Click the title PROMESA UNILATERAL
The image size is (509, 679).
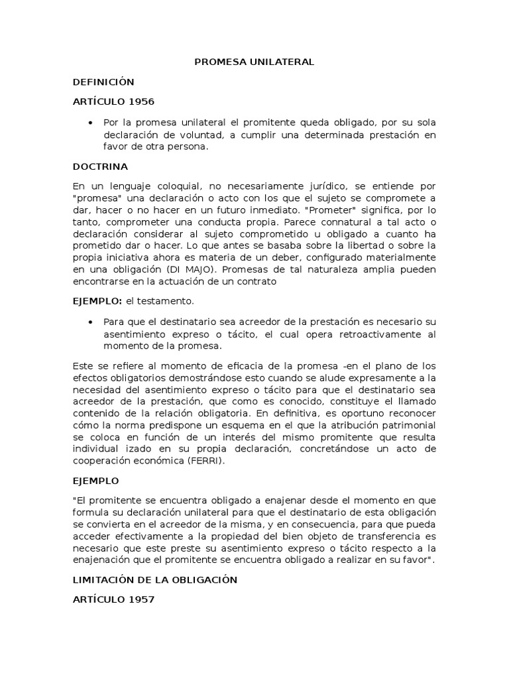coord(254,62)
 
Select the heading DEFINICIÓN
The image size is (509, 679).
coord(103,82)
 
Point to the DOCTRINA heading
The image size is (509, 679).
coord(100,166)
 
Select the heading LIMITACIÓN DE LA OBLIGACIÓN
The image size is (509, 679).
coord(154,580)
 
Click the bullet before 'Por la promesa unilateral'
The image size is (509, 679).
coord(89,123)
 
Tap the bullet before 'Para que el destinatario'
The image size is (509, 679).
coord(89,322)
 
